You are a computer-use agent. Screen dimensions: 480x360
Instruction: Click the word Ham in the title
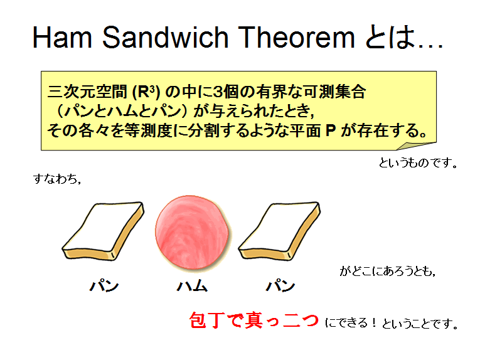tap(63, 37)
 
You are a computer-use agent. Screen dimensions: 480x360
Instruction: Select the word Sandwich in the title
tap(165, 37)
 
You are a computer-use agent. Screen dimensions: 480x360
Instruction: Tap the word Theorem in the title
tap(296, 37)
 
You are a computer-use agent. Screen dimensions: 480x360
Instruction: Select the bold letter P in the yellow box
tap(331, 130)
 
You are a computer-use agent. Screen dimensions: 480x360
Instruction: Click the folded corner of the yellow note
tap(417, 146)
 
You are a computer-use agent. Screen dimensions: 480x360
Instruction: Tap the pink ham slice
tap(192, 233)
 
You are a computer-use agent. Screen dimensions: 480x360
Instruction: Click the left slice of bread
tap(103, 231)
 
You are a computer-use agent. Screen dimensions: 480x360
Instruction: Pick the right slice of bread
tap(279, 231)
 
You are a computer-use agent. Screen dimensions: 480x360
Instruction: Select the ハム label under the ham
tap(192, 285)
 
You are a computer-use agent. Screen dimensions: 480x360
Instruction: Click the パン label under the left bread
tap(104, 285)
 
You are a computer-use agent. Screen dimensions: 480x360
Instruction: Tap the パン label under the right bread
tap(280, 285)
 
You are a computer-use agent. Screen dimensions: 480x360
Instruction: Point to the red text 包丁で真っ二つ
tap(254, 320)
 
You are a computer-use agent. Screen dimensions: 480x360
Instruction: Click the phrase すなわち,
tap(57, 179)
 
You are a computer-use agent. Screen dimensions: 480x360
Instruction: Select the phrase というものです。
tap(418, 162)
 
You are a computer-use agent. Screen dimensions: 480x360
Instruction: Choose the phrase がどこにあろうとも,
tap(388, 271)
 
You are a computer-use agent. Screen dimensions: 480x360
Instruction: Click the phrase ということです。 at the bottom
tap(420, 323)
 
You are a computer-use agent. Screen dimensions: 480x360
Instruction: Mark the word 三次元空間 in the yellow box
tap(87, 92)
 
